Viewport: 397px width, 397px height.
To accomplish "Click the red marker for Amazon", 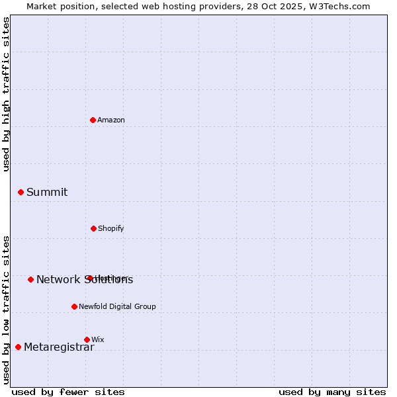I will coord(93,120).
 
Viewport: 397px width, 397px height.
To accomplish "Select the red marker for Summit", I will coord(21,192).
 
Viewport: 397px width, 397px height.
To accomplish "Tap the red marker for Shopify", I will coord(93,228).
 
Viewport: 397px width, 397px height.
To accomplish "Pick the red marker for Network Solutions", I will coord(30,279).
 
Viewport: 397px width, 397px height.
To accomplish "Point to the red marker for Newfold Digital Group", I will coord(74,306).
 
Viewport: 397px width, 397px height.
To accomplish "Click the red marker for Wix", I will coord(87,339).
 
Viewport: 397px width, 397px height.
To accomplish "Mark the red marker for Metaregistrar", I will coord(18,347).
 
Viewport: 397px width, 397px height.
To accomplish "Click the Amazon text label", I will coord(111,120).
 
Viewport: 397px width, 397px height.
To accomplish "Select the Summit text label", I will coord(47,193).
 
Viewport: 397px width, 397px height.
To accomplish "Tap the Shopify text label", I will coord(111,229).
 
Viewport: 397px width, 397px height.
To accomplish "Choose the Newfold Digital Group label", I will coord(117,307).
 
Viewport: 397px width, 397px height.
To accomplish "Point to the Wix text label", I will coord(98,340).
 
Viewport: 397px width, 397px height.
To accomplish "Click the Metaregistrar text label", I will coord(59,347).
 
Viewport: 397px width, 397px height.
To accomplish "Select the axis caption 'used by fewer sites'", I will coord(68,392).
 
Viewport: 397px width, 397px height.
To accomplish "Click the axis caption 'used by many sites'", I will coord(332,392).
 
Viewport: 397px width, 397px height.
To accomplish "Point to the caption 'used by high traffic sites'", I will coord(7,94).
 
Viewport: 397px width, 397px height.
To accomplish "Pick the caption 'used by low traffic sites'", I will coord(7,310).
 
